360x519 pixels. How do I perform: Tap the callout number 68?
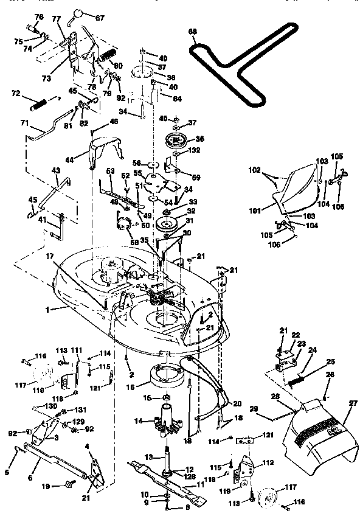[x=193, y=31]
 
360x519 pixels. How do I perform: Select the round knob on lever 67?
[x=78, y=13]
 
